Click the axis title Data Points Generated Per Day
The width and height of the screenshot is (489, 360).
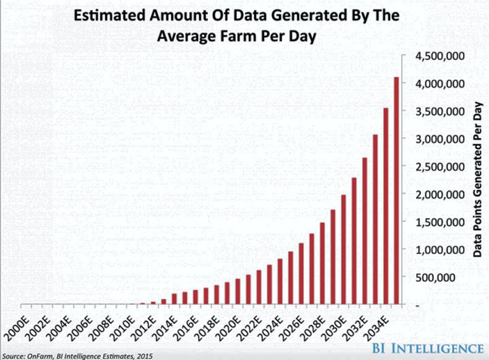click(x=477, y=179)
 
